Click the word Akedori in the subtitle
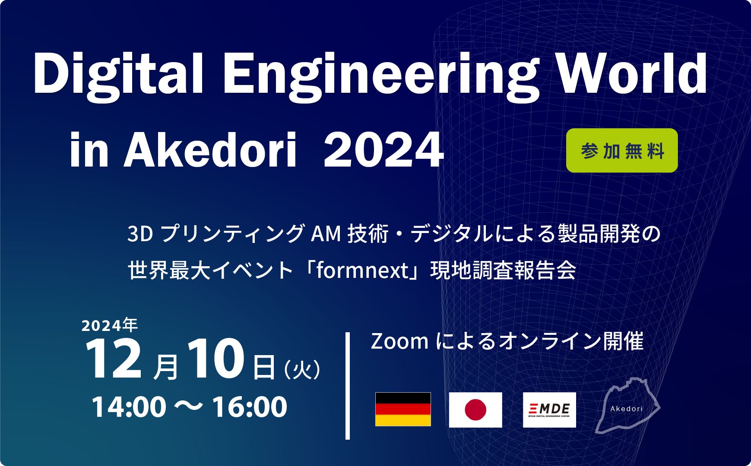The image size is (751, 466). point(210,150)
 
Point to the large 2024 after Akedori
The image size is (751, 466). point(383,150)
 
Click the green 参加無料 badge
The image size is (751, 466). point(622,151)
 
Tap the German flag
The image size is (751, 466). point(403,409)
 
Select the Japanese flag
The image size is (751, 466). point(475,409)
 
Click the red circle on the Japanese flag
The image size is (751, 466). point(475,409)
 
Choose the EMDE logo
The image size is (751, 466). point(549,409)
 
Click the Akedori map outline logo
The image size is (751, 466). point(627,406)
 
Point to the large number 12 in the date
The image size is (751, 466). point(113,359)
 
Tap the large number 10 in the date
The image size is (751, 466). point(216,359)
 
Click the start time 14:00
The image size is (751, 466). point(129,407)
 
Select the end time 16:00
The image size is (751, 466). point(250,407)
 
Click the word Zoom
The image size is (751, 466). point(399,341)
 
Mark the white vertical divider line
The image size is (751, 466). point(348,386)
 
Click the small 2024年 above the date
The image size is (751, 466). point(110,325)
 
